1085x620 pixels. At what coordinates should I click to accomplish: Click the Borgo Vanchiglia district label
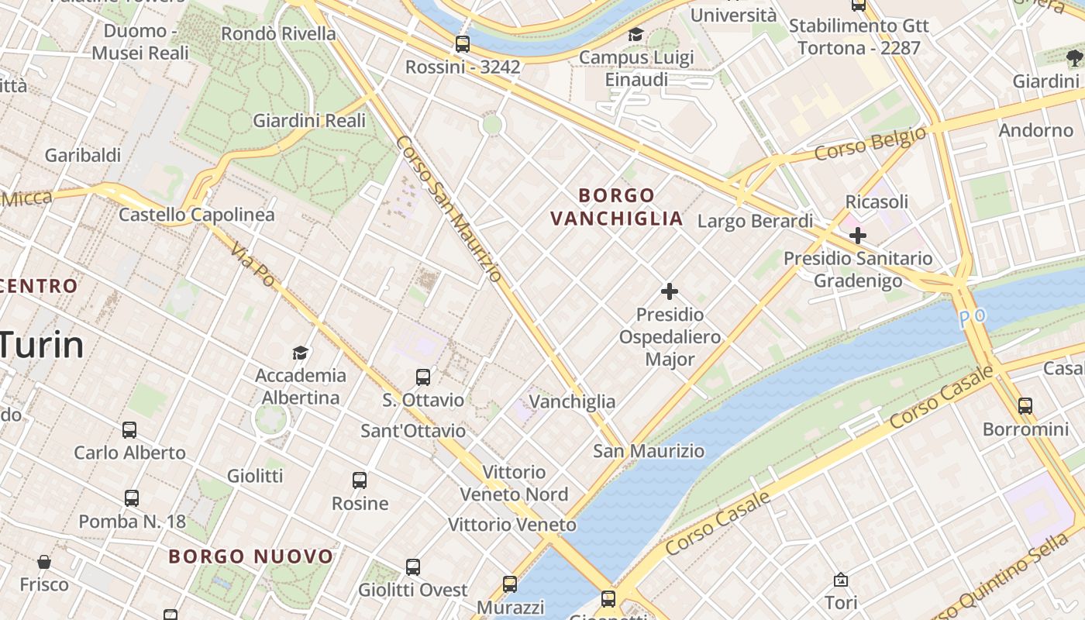[x=617, y=207]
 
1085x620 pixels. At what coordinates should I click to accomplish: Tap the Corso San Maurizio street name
[x=449, y=208]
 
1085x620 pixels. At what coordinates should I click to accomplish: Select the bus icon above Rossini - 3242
[x=463, y=44]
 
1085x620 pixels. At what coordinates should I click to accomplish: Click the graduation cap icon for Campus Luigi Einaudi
[x=635, y=34]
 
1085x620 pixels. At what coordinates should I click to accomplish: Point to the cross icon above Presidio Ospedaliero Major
[x=670, y=291]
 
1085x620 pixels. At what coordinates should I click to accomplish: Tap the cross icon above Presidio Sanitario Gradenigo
[x=857, y=235]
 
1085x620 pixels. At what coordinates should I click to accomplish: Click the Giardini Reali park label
[x=309, y=121]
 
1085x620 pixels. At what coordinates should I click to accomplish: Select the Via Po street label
[x=253, y=264]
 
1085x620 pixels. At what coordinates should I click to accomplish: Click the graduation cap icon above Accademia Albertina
[x=300, y=353]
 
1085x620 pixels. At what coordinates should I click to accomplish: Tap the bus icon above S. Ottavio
[x=423, y=377]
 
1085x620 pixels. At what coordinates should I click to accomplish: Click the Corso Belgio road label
[x=870, y=143]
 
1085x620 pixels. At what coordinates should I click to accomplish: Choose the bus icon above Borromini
[x=1025, y=405]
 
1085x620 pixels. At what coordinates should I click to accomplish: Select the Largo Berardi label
[x=755, y=222]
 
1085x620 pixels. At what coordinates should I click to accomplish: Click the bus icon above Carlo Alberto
[x=129, y=430]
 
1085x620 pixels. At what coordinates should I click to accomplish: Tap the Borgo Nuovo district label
[x=250, y=556]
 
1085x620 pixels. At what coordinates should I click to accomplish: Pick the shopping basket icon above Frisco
[x=44, y=561]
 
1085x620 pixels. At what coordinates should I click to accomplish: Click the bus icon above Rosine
[x=360, y=480]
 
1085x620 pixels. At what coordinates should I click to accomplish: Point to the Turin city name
[x=40, y=344]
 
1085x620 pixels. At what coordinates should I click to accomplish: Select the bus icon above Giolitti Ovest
[x=413, y=567]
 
